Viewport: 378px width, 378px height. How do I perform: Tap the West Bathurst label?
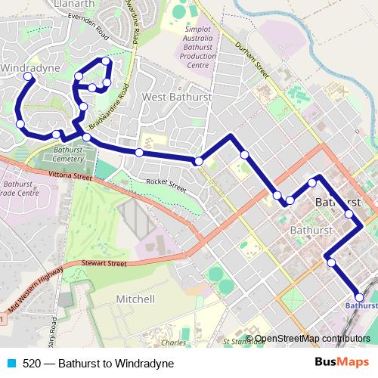tap(175, 97)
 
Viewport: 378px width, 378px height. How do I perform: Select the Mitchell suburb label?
tap(135, 299)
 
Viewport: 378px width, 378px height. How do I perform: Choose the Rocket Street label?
tap(166, 184)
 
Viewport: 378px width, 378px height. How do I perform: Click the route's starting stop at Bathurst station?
tap(359, 296)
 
